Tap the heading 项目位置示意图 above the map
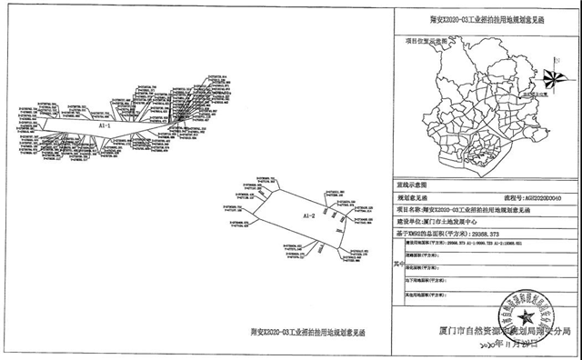pyautogui.click(x=428, y=40)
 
